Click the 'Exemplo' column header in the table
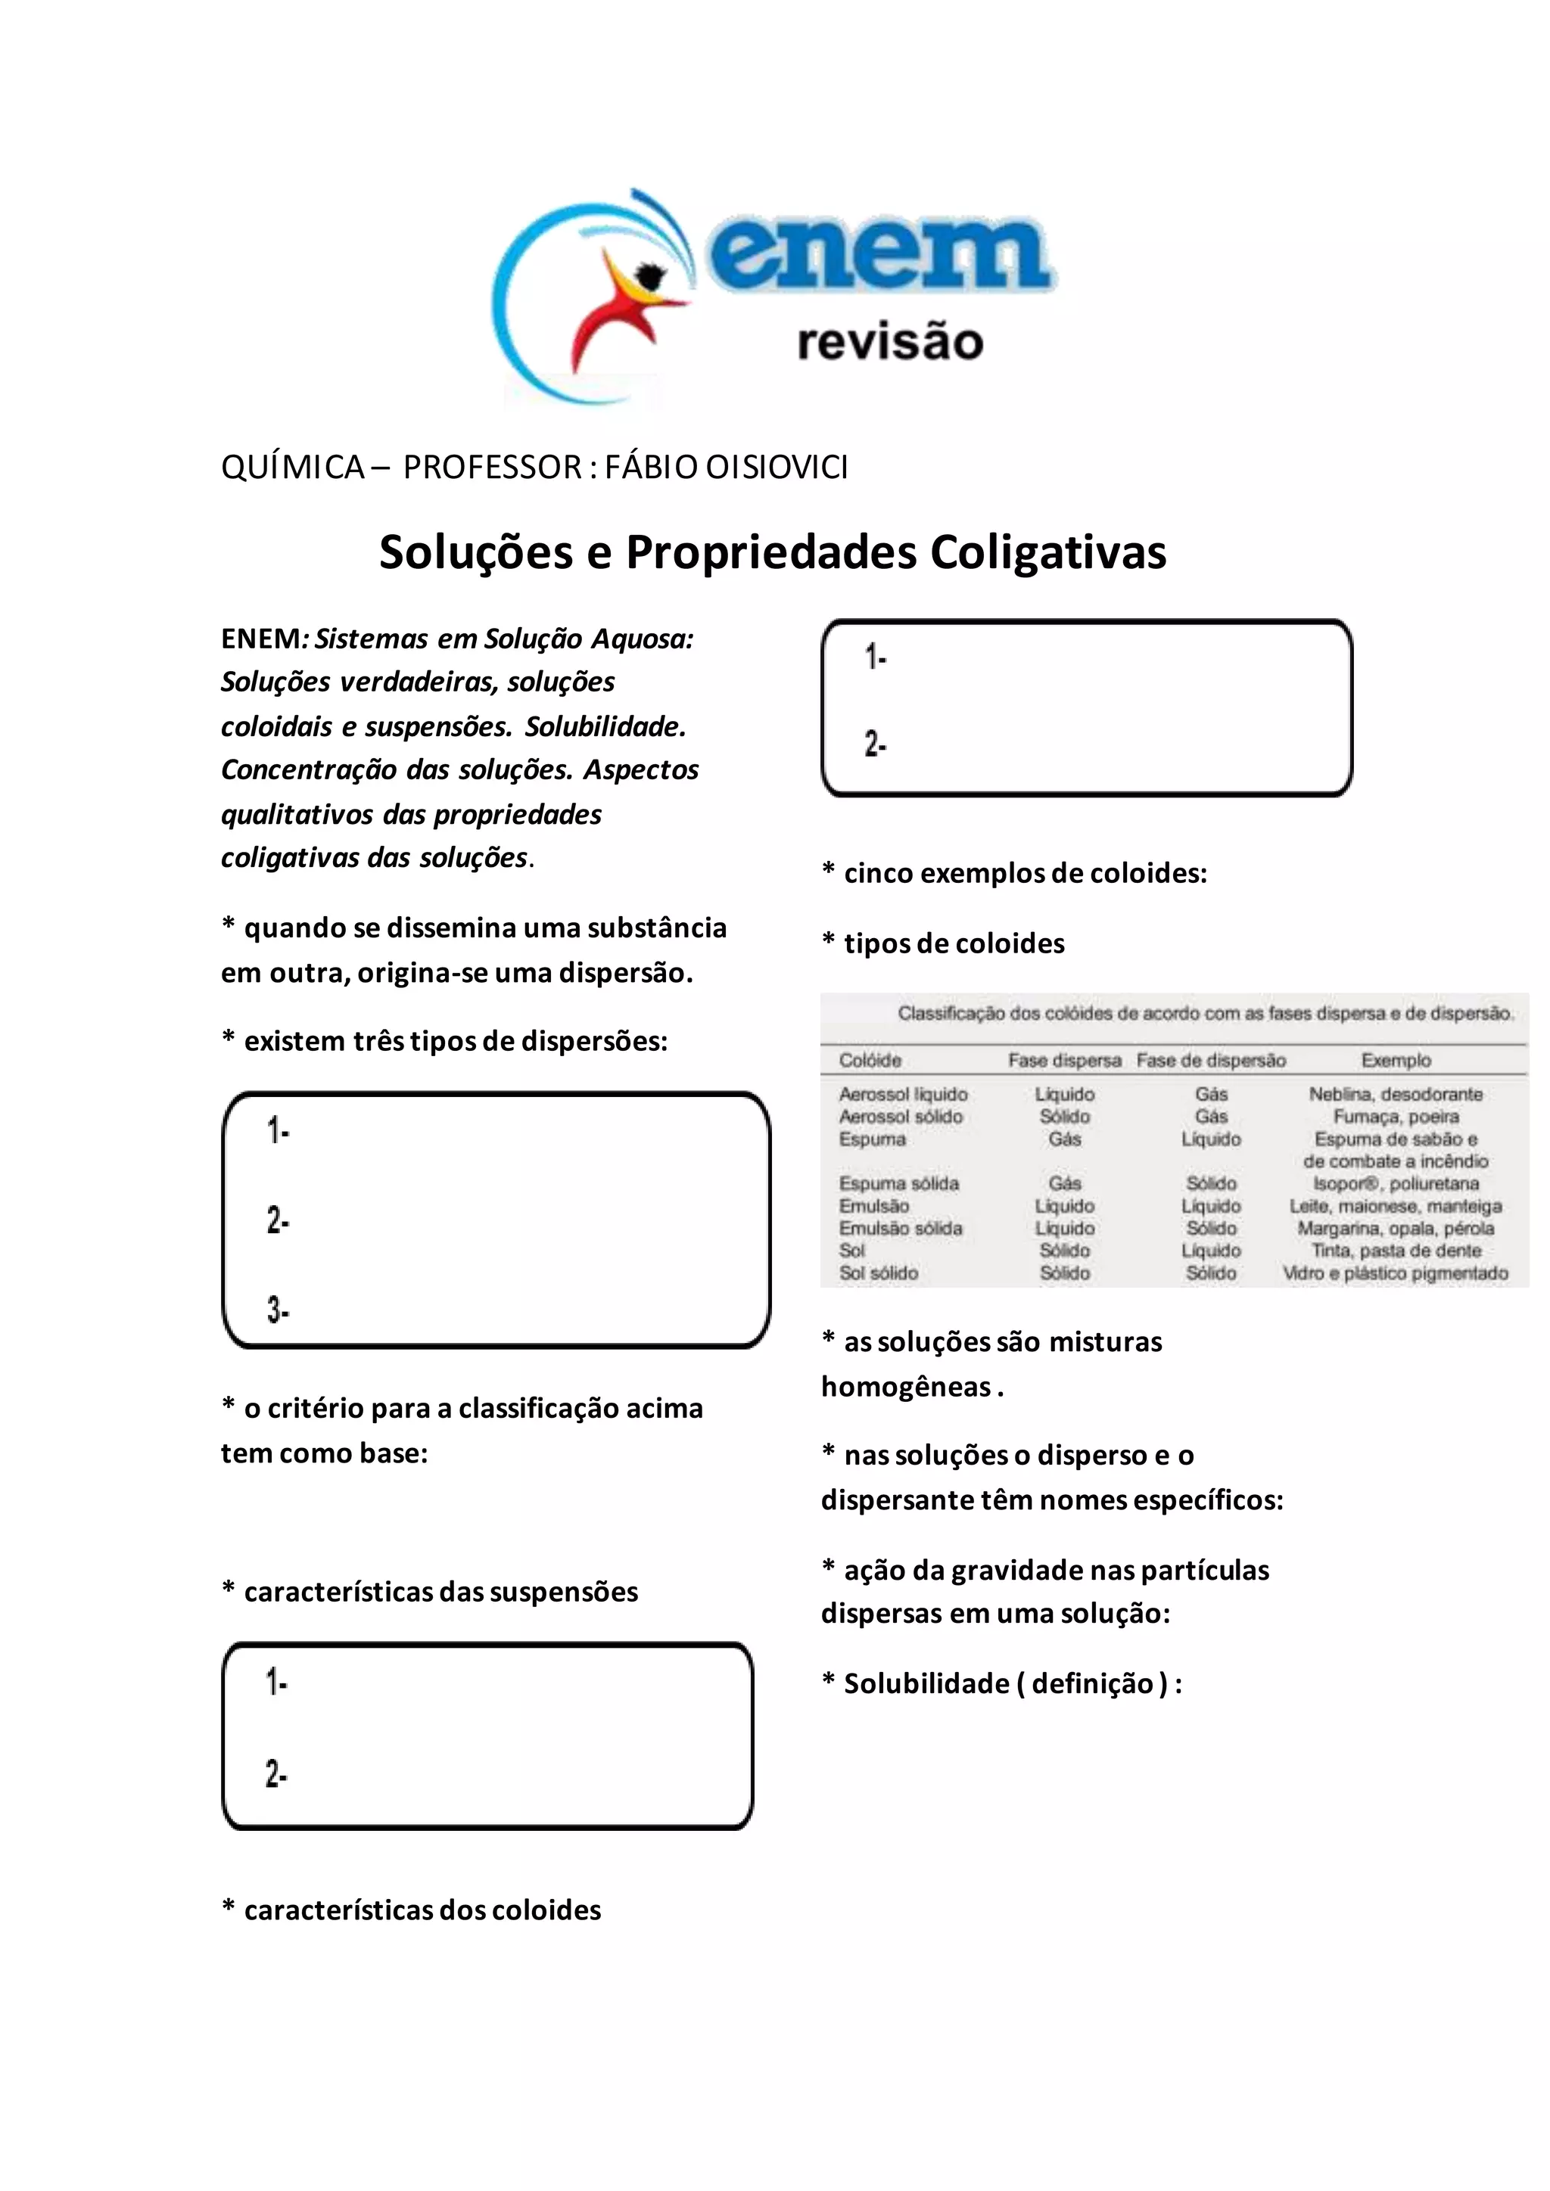pyautogui.click(x=1396, y=1060)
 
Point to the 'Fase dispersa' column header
pyautogui.click(x=1064, y=1060)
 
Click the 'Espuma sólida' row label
pyautogui.click(x=899, y=1183)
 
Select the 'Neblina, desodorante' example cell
pyautogui.click(x=1396, y=1093)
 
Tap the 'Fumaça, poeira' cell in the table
pyautogui.click(x=1396, y=1117)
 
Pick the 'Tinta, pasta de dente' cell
pyautogui.click(x=1396, y=1250)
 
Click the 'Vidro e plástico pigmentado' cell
pyautogui.click(x=1396, y=1273)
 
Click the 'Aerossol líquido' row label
pyautogui.click(x=903, y=1093)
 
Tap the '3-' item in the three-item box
pyautogui.click(x=278, y=1310)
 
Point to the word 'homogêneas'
pyautogui.click(x=906, y=1387)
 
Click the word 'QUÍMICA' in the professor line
pyautogui.click(x=292, y=467)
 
